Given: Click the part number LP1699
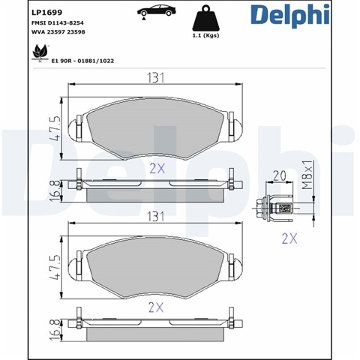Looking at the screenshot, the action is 46,12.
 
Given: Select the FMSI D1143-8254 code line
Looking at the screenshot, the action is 58,23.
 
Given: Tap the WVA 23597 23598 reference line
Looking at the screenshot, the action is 58,32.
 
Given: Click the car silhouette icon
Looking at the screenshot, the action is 157,11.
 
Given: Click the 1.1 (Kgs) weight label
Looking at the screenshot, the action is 205,35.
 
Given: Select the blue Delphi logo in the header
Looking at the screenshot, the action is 290,15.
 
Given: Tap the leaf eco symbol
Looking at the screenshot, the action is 40,53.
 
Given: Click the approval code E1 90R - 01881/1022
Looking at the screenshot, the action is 82,61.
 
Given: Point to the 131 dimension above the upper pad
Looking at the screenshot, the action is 155,78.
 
